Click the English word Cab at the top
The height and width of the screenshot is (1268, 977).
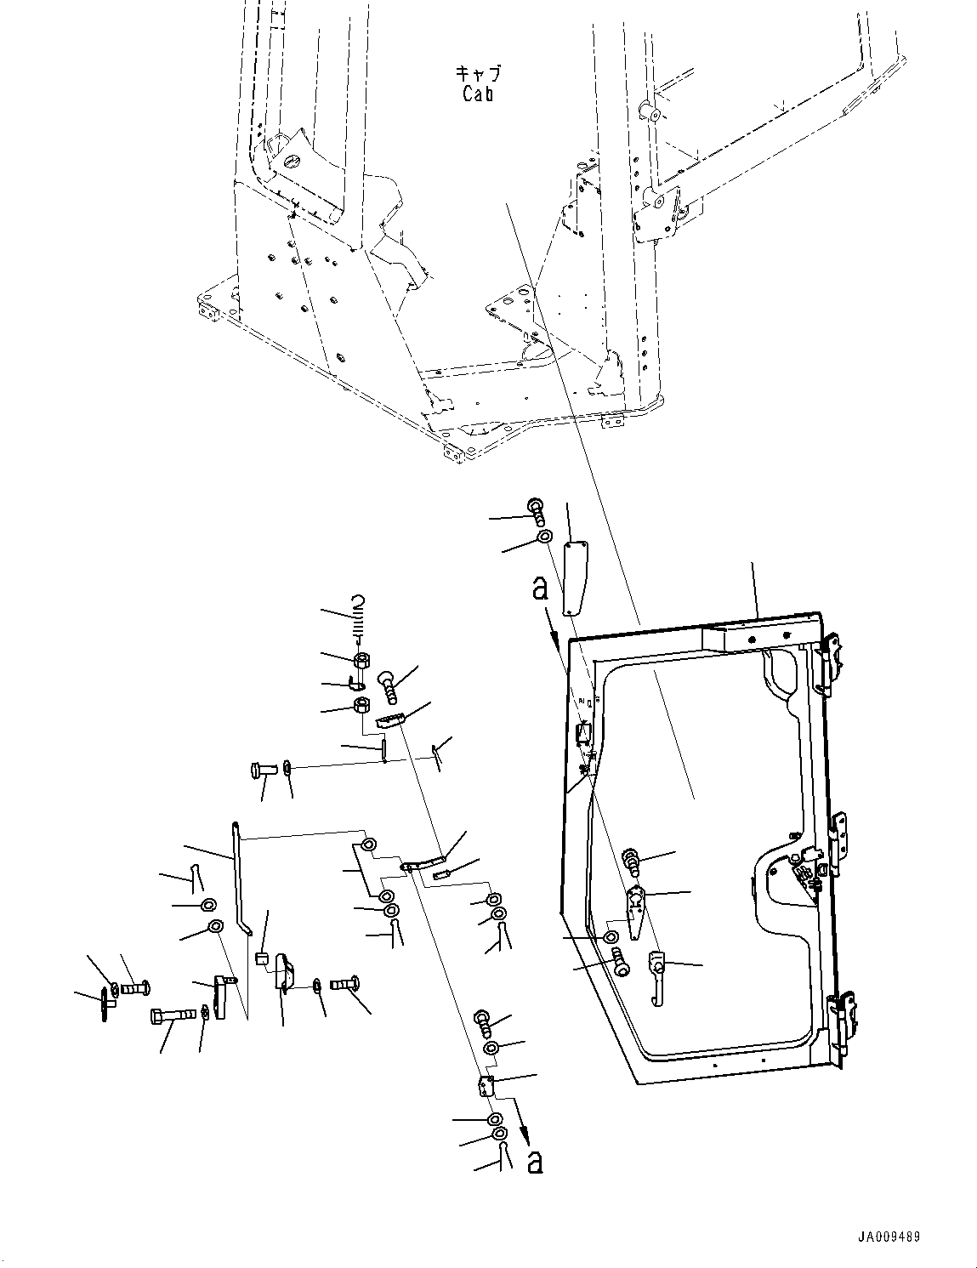(478, 94)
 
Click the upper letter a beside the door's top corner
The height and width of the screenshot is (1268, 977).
(539, 589)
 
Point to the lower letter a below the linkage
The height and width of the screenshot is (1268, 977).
(534, 1162)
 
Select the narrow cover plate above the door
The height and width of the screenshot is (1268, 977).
(576, 576)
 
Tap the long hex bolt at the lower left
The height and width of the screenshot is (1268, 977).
(173, 1015)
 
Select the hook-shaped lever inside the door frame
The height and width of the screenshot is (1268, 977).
(656, 978)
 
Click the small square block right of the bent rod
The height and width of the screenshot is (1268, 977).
(262, 961)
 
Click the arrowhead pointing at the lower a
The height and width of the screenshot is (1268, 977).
(525, 1135)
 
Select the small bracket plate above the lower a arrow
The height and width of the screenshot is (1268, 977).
(486, 1086)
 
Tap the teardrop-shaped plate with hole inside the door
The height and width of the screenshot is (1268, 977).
(636, 901)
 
